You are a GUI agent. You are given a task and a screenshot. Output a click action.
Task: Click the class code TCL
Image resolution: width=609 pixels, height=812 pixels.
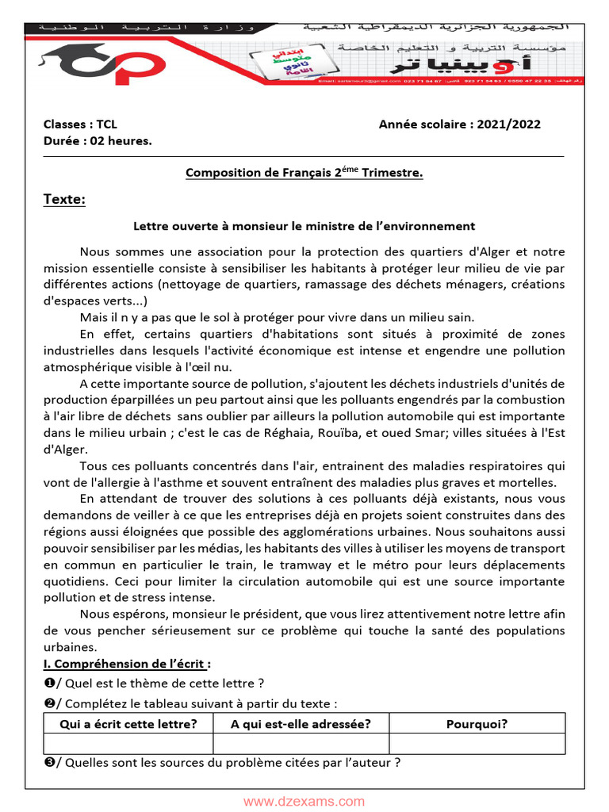tap(105, 124)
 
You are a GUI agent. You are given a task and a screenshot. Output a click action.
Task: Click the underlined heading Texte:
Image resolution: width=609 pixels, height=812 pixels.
tap(64, 199)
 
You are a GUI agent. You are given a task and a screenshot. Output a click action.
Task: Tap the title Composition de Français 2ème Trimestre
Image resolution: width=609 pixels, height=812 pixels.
tap(304, 172)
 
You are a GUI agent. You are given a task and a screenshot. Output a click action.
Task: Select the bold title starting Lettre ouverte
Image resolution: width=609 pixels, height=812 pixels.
tap(304, 226)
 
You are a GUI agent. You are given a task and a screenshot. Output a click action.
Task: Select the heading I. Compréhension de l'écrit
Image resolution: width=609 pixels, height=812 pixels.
tap(127, 664)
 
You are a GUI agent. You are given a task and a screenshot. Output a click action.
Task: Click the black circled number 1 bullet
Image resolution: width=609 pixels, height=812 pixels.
tap(48, 684)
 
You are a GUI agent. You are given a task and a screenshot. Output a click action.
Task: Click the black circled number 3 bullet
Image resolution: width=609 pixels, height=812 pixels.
tap(48, 764)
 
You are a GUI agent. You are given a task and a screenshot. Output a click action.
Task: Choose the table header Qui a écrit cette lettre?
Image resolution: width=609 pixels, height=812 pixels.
tap(128, 723)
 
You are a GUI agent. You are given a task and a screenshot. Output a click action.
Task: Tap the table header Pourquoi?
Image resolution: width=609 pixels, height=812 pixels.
tap(477, 723)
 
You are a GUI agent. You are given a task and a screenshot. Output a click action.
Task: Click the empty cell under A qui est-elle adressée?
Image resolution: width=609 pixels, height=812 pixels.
tap(301, 744)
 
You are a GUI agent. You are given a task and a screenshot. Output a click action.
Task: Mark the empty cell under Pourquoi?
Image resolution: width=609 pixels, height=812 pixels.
tap(477, 744)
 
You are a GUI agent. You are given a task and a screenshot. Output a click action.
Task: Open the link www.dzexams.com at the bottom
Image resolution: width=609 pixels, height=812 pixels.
tap(304, 802)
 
